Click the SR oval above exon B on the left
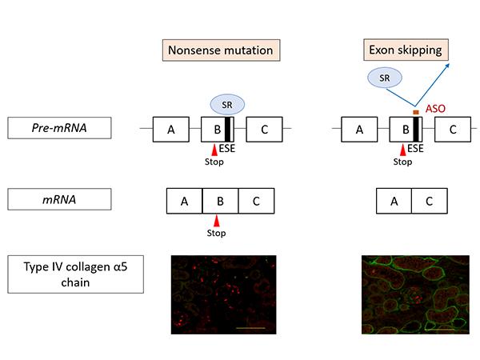[x=226, y=104]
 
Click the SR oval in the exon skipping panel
[x=386, y=78]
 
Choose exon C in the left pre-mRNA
[x=263, y=129]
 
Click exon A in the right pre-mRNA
[x=359, y=129]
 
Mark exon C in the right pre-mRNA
[x=452, y=129]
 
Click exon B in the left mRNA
[x=220, y=201]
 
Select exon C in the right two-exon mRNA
[x=429, y=201]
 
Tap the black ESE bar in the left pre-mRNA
[x=228, y=129]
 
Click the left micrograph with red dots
[x=224, y=293]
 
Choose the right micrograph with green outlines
[x=414, y=293]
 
